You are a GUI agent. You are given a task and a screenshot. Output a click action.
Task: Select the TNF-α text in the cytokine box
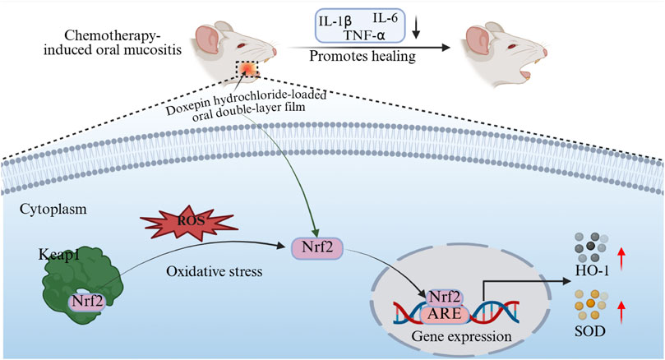(367, 36)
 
